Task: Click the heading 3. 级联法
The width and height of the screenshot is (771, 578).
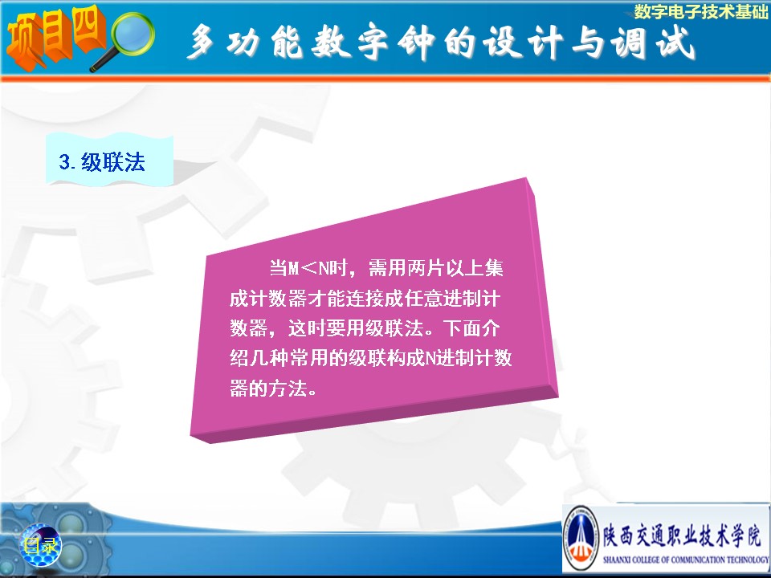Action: (102, 161)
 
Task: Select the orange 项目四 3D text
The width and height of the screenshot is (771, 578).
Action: (55, 37)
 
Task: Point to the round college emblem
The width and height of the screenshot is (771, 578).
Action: (581, 538)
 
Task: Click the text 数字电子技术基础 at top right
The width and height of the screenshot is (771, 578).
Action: (700, 11)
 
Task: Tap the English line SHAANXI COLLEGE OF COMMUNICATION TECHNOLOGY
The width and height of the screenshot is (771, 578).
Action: (686, 560)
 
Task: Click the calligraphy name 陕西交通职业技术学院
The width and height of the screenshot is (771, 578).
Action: (682, 535)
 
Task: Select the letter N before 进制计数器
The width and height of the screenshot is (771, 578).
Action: (429, 358)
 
